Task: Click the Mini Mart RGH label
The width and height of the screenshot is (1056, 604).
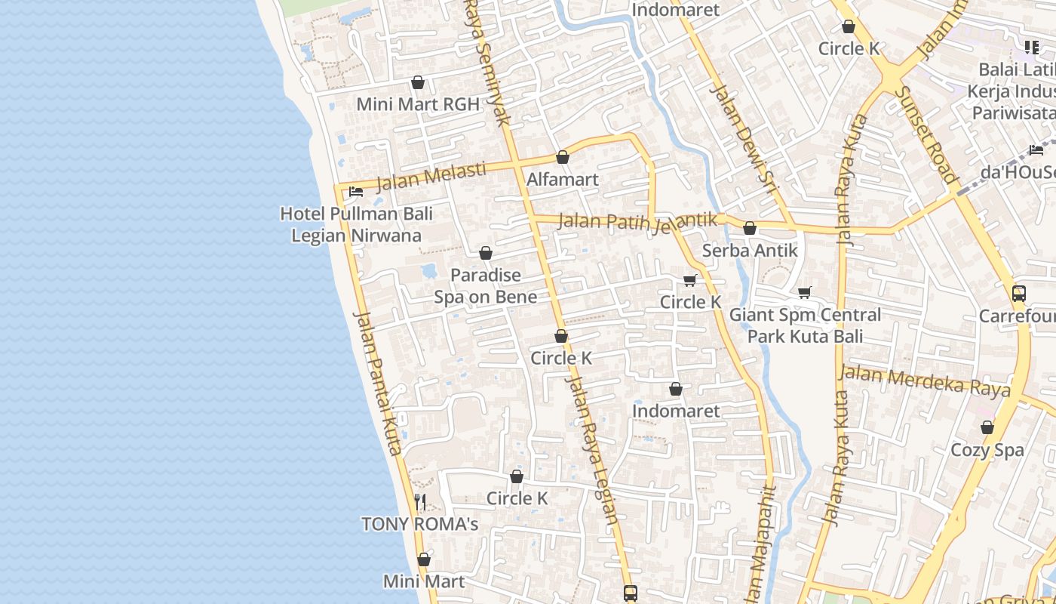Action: pos(418,104)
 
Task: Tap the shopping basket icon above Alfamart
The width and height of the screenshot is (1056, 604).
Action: pos(562,157)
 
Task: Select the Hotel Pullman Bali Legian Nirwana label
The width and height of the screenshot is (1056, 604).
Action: pos(356,224)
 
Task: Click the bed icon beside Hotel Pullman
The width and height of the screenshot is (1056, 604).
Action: pos(356,192)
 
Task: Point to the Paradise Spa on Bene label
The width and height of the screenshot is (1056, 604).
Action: pos(486,285)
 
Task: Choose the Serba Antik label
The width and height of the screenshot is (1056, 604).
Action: pos(750,250)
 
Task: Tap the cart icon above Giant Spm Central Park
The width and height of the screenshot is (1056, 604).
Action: pos(805,292)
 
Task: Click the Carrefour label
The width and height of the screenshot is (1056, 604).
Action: pos(1018,316)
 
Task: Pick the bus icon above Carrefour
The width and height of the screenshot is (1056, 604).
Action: pos(1018,294)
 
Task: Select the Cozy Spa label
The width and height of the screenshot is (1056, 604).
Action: pos(987,450)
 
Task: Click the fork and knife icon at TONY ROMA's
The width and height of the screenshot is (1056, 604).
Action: pos(421,501)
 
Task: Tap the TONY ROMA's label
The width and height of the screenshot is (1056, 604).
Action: pos(420,524)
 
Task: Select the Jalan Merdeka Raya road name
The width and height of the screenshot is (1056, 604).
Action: pos(924,381)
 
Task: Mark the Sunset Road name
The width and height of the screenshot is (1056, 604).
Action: pos(926,134)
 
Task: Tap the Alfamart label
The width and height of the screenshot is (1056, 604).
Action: pos(563,180)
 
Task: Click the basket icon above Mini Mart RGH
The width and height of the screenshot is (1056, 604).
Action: pos(418,82)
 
